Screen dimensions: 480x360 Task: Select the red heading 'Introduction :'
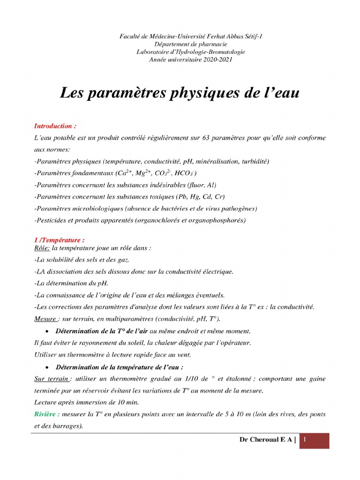tap(55, 127)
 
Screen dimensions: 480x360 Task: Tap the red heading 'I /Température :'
tap(59, 240)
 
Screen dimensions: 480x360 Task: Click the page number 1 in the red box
tap(305, 440)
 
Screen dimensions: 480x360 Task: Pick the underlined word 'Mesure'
tap(45, 319)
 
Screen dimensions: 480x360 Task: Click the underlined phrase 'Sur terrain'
tap(52, 379)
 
